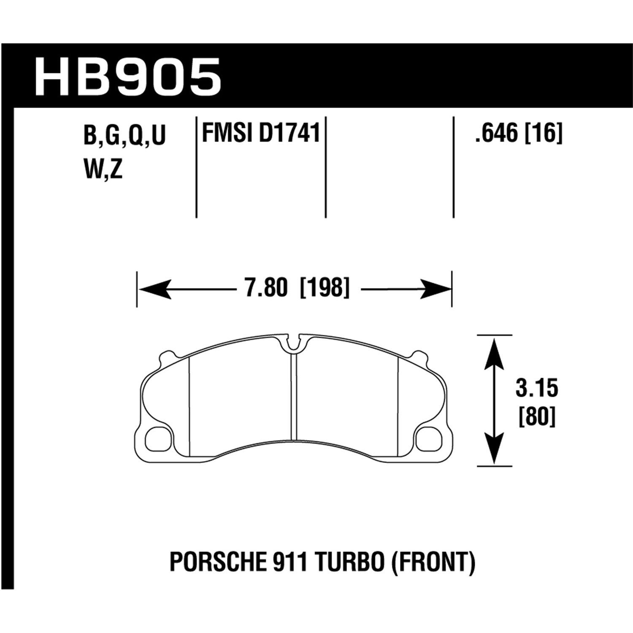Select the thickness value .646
tap(496, 134)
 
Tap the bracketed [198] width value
tap(325, 289)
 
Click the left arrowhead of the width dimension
tap(154, 289)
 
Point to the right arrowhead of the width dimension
tap(435, 289)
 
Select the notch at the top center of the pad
tap(294, 342)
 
